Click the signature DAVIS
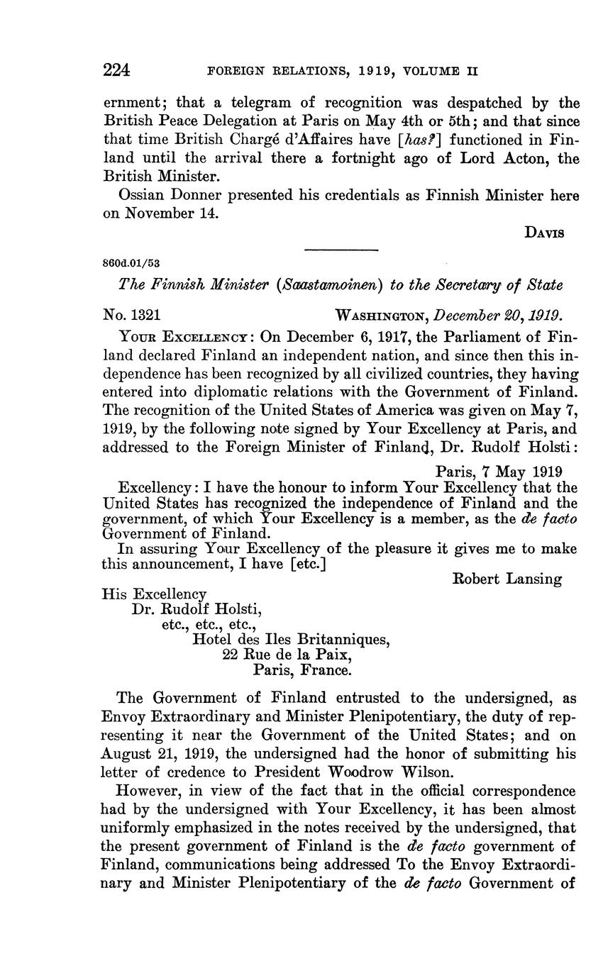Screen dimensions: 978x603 tap(545, 232)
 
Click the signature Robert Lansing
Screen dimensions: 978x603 tap(507, 579)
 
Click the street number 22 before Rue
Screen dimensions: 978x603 tap(231, 655)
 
